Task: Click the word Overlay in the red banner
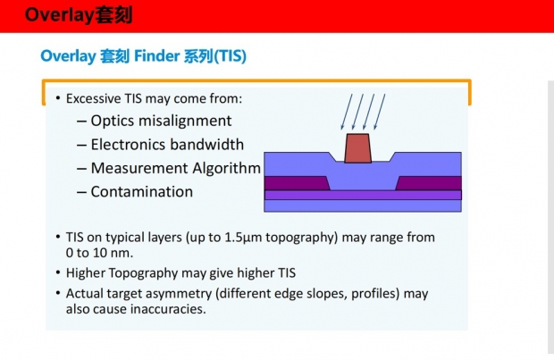tap(60, 15)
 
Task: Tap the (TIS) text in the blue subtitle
tap(230, 56)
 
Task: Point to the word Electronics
tap(127, 145)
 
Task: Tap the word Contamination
tap(142, 192)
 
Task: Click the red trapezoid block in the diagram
tap(358, 148)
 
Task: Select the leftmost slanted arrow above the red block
tap(347, 112)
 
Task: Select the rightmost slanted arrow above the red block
tap(380, 112)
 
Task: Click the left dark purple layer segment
tap(296, 183)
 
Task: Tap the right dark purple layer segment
tap(429, 183)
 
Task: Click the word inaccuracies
tap(168, 309)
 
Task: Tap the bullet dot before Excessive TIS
tap(58, 98)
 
